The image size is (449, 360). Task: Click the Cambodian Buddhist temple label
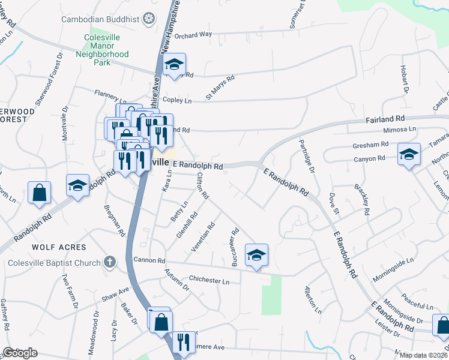[100, 19]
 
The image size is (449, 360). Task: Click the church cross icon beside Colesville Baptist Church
[109, 262]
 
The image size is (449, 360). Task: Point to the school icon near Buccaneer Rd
[256, 255]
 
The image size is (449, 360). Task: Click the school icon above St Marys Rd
[174, 64]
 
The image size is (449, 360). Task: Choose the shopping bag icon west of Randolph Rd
[39, 193]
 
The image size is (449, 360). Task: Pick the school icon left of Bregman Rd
[77, 186]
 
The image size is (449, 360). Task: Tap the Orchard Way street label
[194, 35]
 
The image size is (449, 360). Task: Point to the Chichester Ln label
[209, 280]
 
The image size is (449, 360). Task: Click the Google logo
[20, 353]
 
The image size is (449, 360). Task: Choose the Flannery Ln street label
[111, 94]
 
